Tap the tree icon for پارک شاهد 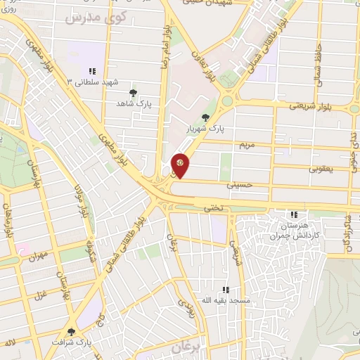(133, 92)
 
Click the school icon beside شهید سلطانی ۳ (92, 70)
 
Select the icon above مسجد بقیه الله (226, 289)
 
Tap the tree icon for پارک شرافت (71, 332)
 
